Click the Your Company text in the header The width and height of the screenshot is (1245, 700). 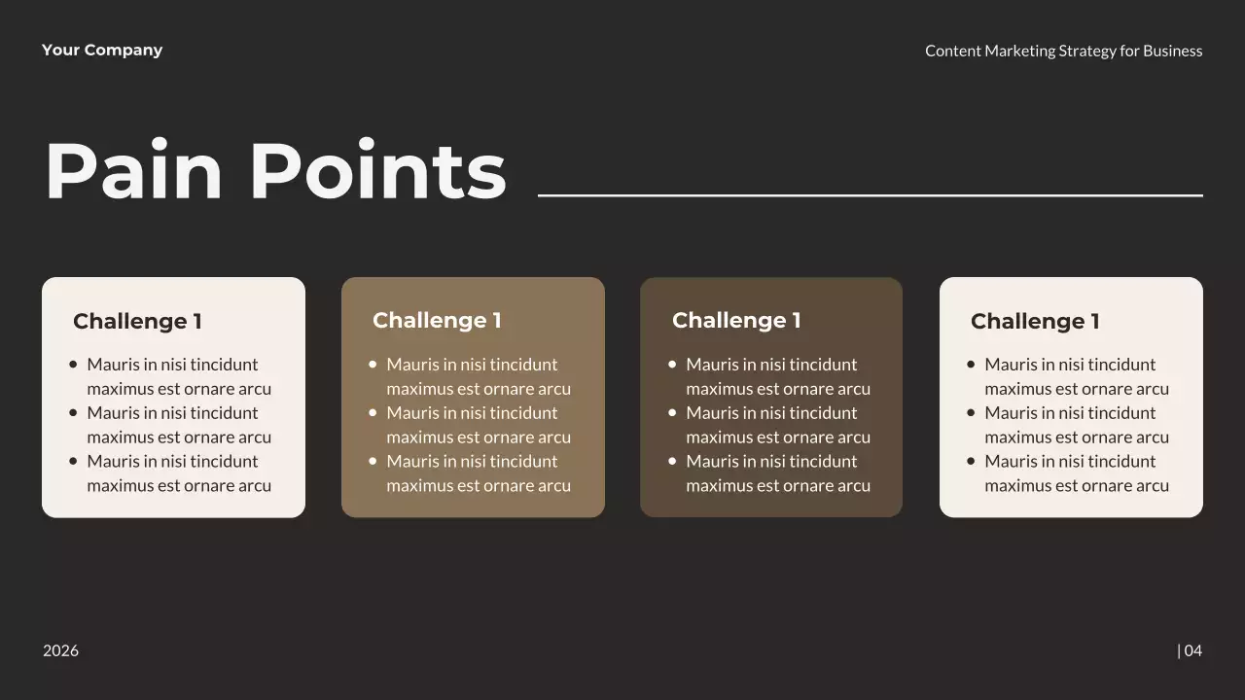coord(102,51)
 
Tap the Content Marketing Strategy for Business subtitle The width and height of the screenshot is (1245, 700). coord(1063,51)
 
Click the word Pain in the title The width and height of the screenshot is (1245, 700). coord(134,171)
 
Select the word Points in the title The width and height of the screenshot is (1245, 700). coord(377,171)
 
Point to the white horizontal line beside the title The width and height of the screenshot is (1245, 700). coord(870,195)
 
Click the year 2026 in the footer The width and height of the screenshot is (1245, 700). coord(60,650)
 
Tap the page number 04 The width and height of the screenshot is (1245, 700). coord(1192,650)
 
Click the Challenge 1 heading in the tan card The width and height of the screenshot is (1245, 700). coord(437,321)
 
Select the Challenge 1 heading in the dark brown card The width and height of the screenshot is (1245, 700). coord(736,321)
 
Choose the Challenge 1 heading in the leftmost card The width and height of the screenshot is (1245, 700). coord(137,321)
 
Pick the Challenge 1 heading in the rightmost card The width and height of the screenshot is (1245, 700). coord(1035,321)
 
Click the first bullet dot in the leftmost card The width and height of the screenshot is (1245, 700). coord(73,365)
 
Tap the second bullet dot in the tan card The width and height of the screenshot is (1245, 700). coord(373,413)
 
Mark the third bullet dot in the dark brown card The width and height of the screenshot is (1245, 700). coord(672,461)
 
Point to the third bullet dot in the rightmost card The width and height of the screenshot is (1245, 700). coord(971,461)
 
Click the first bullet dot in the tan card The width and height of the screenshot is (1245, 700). coord(373,365)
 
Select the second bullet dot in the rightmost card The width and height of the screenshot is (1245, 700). coord(971,413)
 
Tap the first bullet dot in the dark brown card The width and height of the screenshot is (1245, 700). coord(672,365)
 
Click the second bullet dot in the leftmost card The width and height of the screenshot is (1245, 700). coord(73,413)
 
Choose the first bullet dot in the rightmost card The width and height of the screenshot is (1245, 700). coord(971,365)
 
